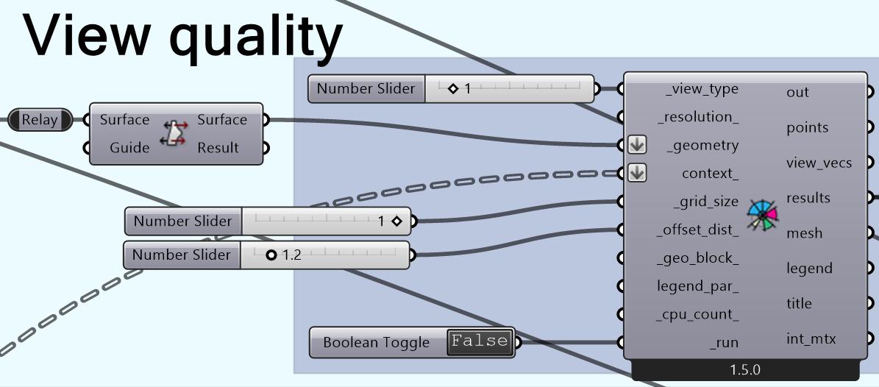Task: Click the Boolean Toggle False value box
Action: pos(480,341)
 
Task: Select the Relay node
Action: pos(40,120)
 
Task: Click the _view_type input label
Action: pos(702,89)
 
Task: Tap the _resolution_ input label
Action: pos(697,117)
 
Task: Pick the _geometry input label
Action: pos(702,146)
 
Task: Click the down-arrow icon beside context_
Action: pos(637,174)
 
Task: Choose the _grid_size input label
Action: pos(705,202)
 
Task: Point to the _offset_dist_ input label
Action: pos(697,230)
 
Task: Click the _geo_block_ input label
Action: pos(697,258)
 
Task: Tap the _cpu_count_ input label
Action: pos(697,314)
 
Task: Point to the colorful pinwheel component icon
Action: pos(762,216)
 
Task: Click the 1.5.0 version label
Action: pos(744,369)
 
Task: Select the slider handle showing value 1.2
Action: pos(271,255)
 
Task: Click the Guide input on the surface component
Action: pos(129,148)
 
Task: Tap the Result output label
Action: pos(218,148)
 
